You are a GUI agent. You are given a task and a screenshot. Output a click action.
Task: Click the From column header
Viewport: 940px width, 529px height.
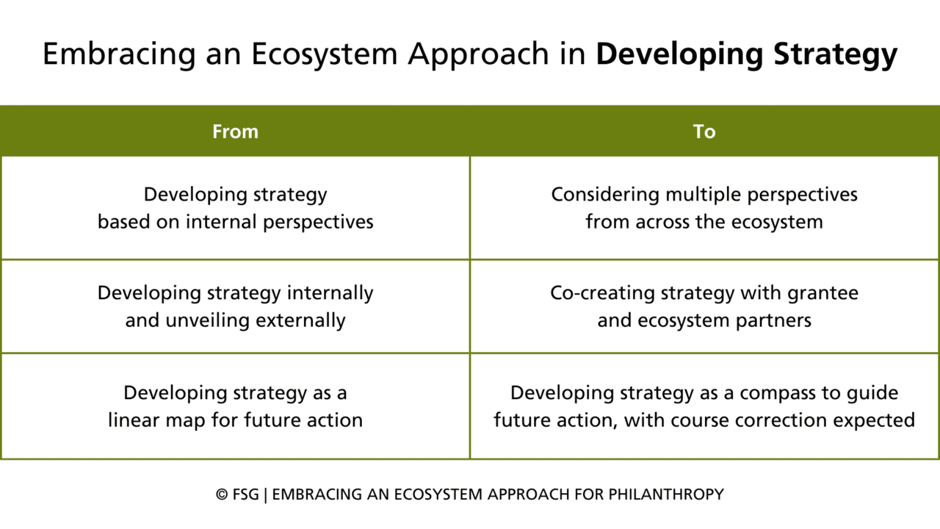(235, 132)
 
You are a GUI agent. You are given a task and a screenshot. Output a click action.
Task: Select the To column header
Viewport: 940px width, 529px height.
(704, 132)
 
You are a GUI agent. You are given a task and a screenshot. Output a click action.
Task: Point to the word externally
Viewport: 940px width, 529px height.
(299, 320)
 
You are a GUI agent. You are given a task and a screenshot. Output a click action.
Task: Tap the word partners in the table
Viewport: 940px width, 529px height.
(776, 320)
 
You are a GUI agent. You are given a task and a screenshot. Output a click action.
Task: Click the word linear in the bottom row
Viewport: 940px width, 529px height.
(134, 420)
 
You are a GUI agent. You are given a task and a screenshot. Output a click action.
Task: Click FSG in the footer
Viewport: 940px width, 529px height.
(246, 494)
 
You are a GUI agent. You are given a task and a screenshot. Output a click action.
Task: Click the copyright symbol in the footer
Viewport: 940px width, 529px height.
(222, 494)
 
